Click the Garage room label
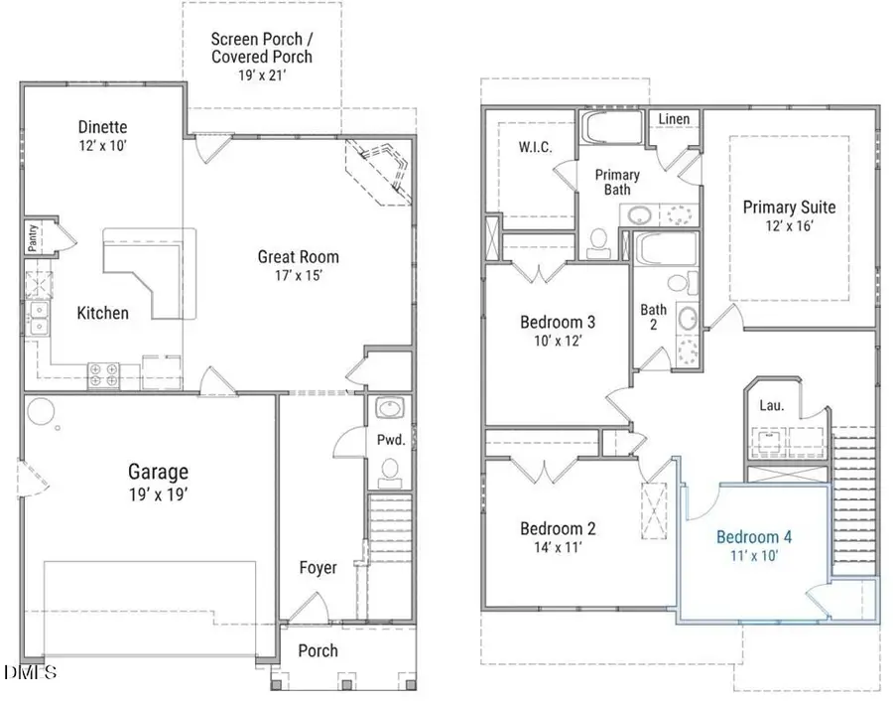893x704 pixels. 157,472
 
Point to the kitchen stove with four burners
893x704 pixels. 103,374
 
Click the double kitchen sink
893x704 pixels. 38,319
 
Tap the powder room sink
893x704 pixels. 388,409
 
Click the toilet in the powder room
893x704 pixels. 391,468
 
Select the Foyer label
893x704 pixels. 319,568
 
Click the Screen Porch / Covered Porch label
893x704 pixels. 262,48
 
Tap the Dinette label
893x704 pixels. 103,127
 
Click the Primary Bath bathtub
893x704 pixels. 611,128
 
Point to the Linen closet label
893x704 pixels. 674,119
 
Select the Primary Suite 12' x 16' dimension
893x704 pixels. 789,227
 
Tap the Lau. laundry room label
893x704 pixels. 771,405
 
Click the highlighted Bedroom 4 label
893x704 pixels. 754,536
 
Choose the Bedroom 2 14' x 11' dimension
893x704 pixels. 559,547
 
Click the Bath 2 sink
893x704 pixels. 687,320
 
